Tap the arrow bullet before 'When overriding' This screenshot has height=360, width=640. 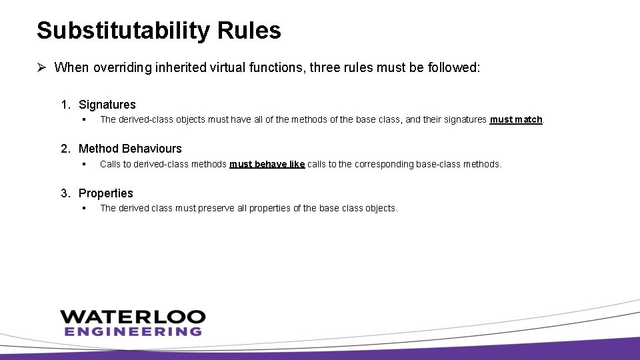(41, 67)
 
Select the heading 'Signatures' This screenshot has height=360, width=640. (107, 105)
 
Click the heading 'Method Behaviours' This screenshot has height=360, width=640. (130, 149)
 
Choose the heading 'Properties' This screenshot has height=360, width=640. (105, 193)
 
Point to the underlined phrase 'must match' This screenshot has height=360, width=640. (516, 120)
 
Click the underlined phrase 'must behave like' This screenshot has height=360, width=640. (267, 164)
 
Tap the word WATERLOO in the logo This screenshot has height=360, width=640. (133, 317)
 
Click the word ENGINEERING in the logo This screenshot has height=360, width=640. (133, 331)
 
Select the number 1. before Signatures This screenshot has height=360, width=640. (66, 105)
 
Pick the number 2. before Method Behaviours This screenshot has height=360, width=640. (66, 149)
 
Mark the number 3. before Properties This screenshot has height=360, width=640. (66, 193)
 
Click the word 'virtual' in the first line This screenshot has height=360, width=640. (203, 67)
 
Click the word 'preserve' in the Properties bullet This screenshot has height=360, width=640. (216, 208)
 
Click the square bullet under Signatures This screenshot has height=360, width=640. (85, 120)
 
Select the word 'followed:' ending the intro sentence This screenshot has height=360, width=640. (455, 67)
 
